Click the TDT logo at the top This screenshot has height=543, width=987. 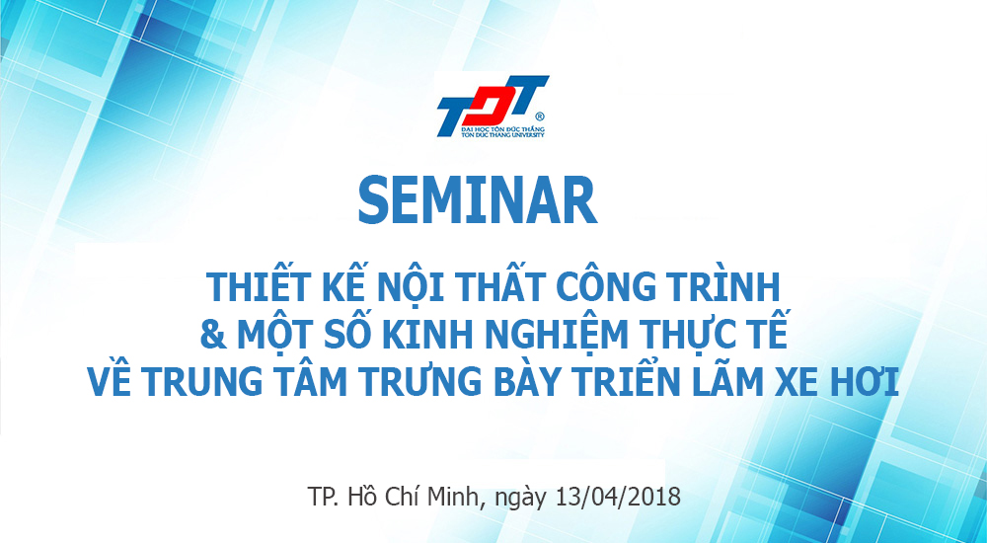(x=492, y=107)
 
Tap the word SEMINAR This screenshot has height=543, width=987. (x=477, y=201)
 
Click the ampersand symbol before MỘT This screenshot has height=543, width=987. (x=213, y=335)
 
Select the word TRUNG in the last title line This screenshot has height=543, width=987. (x=200, y=382)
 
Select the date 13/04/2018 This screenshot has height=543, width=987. (x=619, y=497)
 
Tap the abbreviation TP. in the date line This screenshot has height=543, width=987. (x=324, y=497)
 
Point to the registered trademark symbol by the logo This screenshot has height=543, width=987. (x=540, y=116)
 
